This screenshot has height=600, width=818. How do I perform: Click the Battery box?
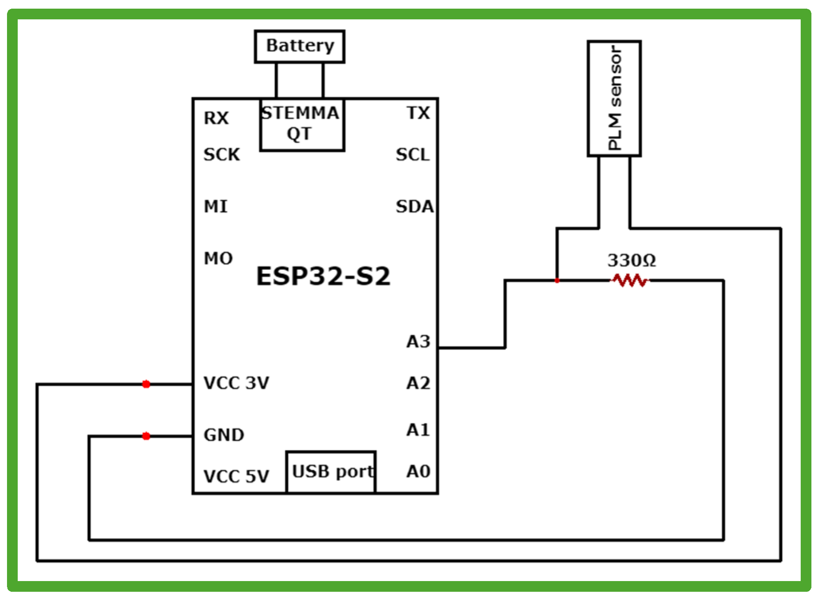click(x=300, y=46)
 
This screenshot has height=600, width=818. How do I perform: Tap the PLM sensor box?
click(x=614, y=98)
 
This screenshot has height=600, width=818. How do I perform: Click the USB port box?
click(x=331, y=472)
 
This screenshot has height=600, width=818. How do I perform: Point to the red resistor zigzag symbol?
click(x=629, y=280)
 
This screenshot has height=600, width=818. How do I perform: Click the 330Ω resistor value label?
click(x=631, y=260)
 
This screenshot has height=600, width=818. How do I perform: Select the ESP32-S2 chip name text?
click(x=323, y=276)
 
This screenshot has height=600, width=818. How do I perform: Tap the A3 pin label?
click(x=418, y=341)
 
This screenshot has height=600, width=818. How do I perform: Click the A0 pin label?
click(x=418, y=471)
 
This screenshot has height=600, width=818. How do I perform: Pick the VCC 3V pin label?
click(x=236, y=383)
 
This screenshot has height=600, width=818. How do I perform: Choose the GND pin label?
click(x=224, y=435)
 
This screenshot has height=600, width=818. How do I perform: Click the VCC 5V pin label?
click(x=236, y=476)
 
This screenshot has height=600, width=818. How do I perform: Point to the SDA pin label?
click(x=415, y=206)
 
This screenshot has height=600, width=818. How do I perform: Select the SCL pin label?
click(x=413, y=154)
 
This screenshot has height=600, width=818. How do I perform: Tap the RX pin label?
click(x=216, y=118)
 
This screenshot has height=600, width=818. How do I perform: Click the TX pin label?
click(x=418, y=113)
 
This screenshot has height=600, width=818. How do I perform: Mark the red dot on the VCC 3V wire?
click(x=146, y=384)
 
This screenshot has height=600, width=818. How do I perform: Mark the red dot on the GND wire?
click(x=146, y=436)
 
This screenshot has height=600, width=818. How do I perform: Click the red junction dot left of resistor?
click(x=557, y=280)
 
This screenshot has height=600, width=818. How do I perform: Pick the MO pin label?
click(x=218, y=258)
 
